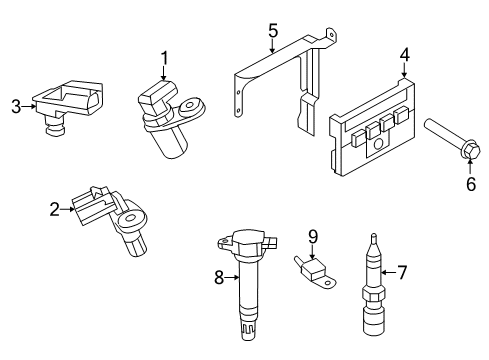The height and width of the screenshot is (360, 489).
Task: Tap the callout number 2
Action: click(53, 209)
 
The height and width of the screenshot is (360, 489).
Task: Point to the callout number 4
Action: click(404, 55)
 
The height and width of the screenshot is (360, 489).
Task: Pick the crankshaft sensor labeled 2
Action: click(115, 220)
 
